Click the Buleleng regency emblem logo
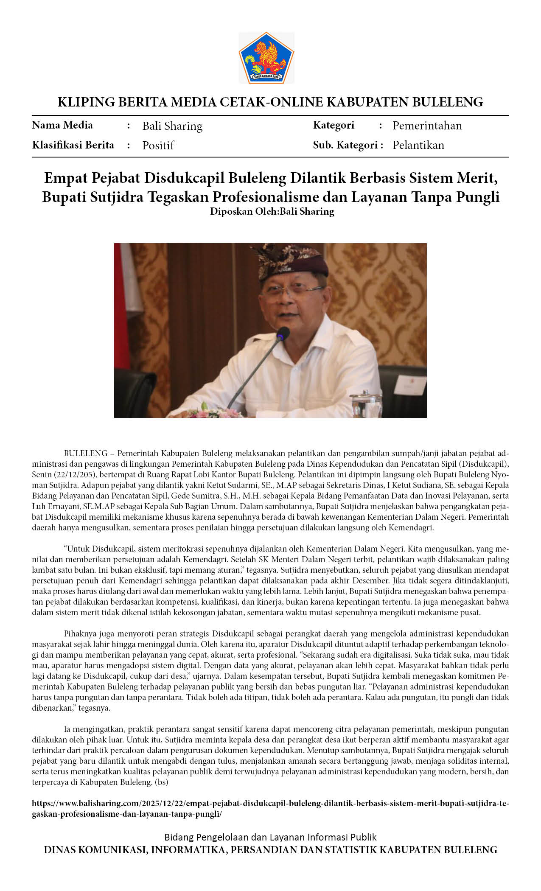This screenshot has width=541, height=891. [x=266, y=57]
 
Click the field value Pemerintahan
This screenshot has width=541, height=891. [x=427, y=126]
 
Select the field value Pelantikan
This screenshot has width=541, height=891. [x=418, y=145]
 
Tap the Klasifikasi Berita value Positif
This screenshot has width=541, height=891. [x=158, y=146]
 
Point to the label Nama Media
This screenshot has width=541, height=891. [x=62, y=125]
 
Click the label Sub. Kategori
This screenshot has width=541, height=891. [x=348, y=145]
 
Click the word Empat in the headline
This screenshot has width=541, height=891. [x=66, y=178]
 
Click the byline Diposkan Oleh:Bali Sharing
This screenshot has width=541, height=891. [x=272, y=211]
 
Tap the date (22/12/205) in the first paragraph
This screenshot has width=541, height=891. [x=70, y=474]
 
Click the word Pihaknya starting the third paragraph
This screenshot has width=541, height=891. [x=80, y=634]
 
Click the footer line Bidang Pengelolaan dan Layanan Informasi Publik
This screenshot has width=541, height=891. [x=270, y=837]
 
